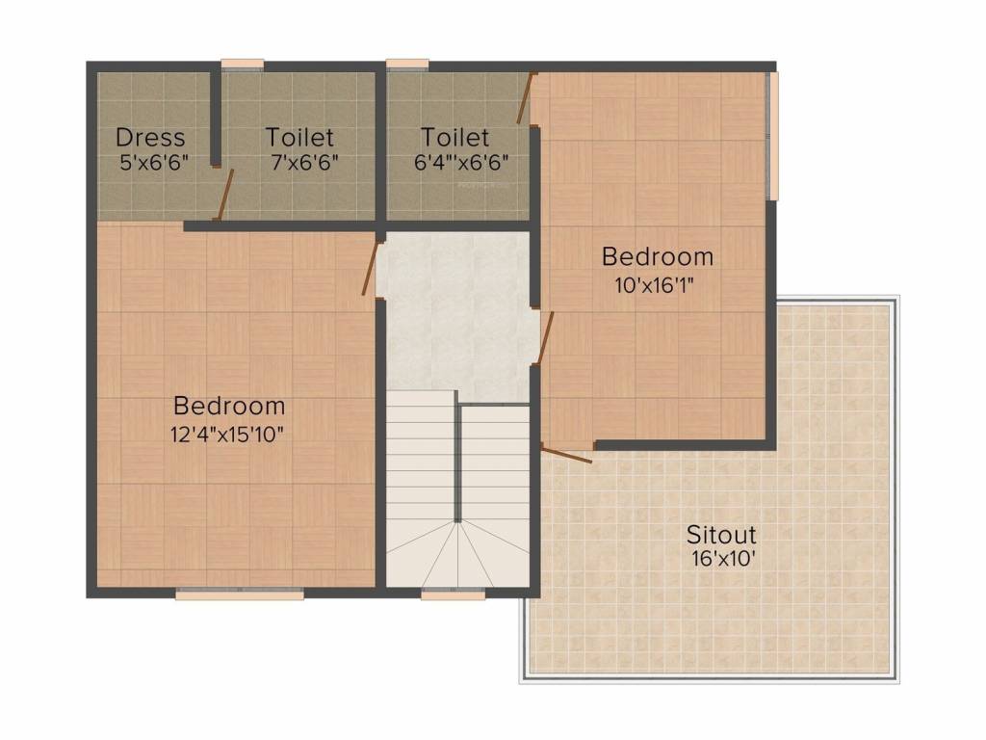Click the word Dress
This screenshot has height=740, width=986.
[x=150, y=138]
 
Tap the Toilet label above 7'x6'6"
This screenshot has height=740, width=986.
[x=300, y=138]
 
